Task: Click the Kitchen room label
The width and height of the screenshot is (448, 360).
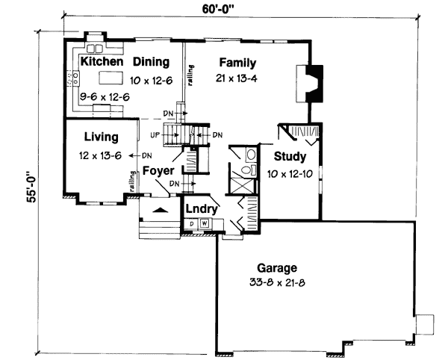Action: (102, 62)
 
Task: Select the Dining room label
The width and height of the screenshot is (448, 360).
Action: (151, 62)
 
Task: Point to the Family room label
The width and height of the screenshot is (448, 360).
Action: (237, 63)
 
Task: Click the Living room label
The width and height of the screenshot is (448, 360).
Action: (101, 137)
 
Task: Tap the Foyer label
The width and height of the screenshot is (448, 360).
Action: (158, 170)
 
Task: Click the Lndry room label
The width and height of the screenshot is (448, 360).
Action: (202, 209)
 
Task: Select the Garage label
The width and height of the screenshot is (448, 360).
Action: (278, 267)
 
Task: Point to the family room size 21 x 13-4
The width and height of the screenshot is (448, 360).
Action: (237, 79)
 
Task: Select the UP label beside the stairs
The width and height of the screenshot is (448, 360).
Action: (155, 135)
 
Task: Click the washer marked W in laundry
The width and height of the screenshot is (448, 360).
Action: (203, 224)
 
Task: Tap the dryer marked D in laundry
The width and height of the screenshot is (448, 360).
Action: (192, 224)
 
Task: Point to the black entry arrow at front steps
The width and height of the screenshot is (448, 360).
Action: (158, 211)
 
